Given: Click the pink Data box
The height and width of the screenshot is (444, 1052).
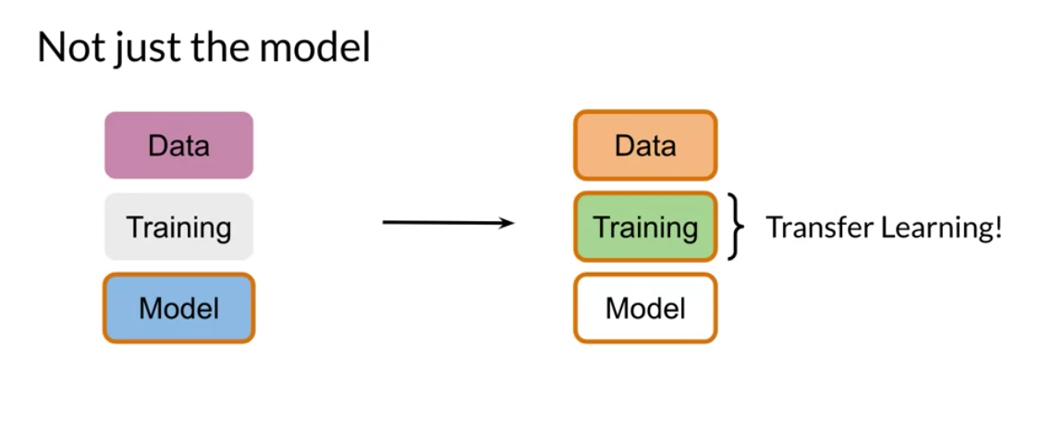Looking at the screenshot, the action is [x=179, y=145].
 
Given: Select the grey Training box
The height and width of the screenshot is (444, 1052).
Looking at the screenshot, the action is [x=179, y=227].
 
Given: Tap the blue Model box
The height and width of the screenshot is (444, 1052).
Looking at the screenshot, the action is [x=179, y=308].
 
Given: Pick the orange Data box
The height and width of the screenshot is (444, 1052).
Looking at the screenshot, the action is [x=645, y=145].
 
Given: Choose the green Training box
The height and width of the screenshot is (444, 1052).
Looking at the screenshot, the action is [x=645, y=227].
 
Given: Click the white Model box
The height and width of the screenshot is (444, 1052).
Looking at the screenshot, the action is [x=645, y=308].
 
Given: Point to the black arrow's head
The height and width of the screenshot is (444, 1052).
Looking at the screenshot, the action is [x=508, y=223].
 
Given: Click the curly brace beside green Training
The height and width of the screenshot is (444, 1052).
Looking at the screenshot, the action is [x=736, y=227].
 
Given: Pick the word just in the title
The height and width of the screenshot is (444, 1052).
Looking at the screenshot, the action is [x=139, y=50].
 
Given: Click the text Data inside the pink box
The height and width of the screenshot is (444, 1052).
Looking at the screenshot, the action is [x=179, y=146].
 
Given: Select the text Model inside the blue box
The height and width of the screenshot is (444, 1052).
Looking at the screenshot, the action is [x=179, y=308].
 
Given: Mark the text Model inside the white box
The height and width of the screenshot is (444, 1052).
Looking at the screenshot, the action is [x=645, y=308].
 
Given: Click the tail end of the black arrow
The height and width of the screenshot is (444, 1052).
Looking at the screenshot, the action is [x=383, y=222].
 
